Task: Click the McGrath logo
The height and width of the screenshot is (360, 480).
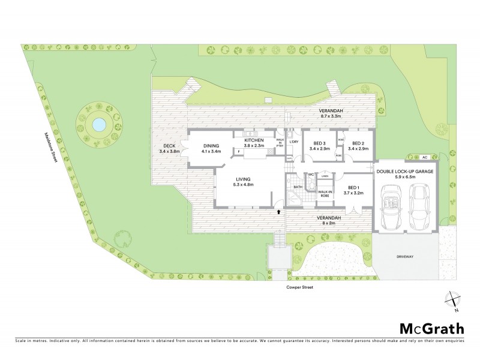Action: [x=432, y=328]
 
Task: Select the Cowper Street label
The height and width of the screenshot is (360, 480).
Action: [x=300, y=287]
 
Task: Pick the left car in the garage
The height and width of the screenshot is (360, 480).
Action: [x=390, y=206]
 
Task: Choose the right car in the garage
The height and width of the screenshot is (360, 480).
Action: [x=419, y=205]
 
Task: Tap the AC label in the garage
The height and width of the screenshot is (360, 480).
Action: [x=424, y=157]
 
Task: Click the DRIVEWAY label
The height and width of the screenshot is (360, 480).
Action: [x=406, y=257]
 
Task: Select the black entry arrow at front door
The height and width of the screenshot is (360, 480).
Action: [x=278, y=211]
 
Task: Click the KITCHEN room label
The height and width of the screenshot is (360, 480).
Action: [x=254, y=140]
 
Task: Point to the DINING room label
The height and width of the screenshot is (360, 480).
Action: [x=211, y=146]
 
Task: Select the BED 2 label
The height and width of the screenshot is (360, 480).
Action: [x=358, y=143]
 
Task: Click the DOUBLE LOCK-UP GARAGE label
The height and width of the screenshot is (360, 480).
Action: [x=405, y=171]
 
